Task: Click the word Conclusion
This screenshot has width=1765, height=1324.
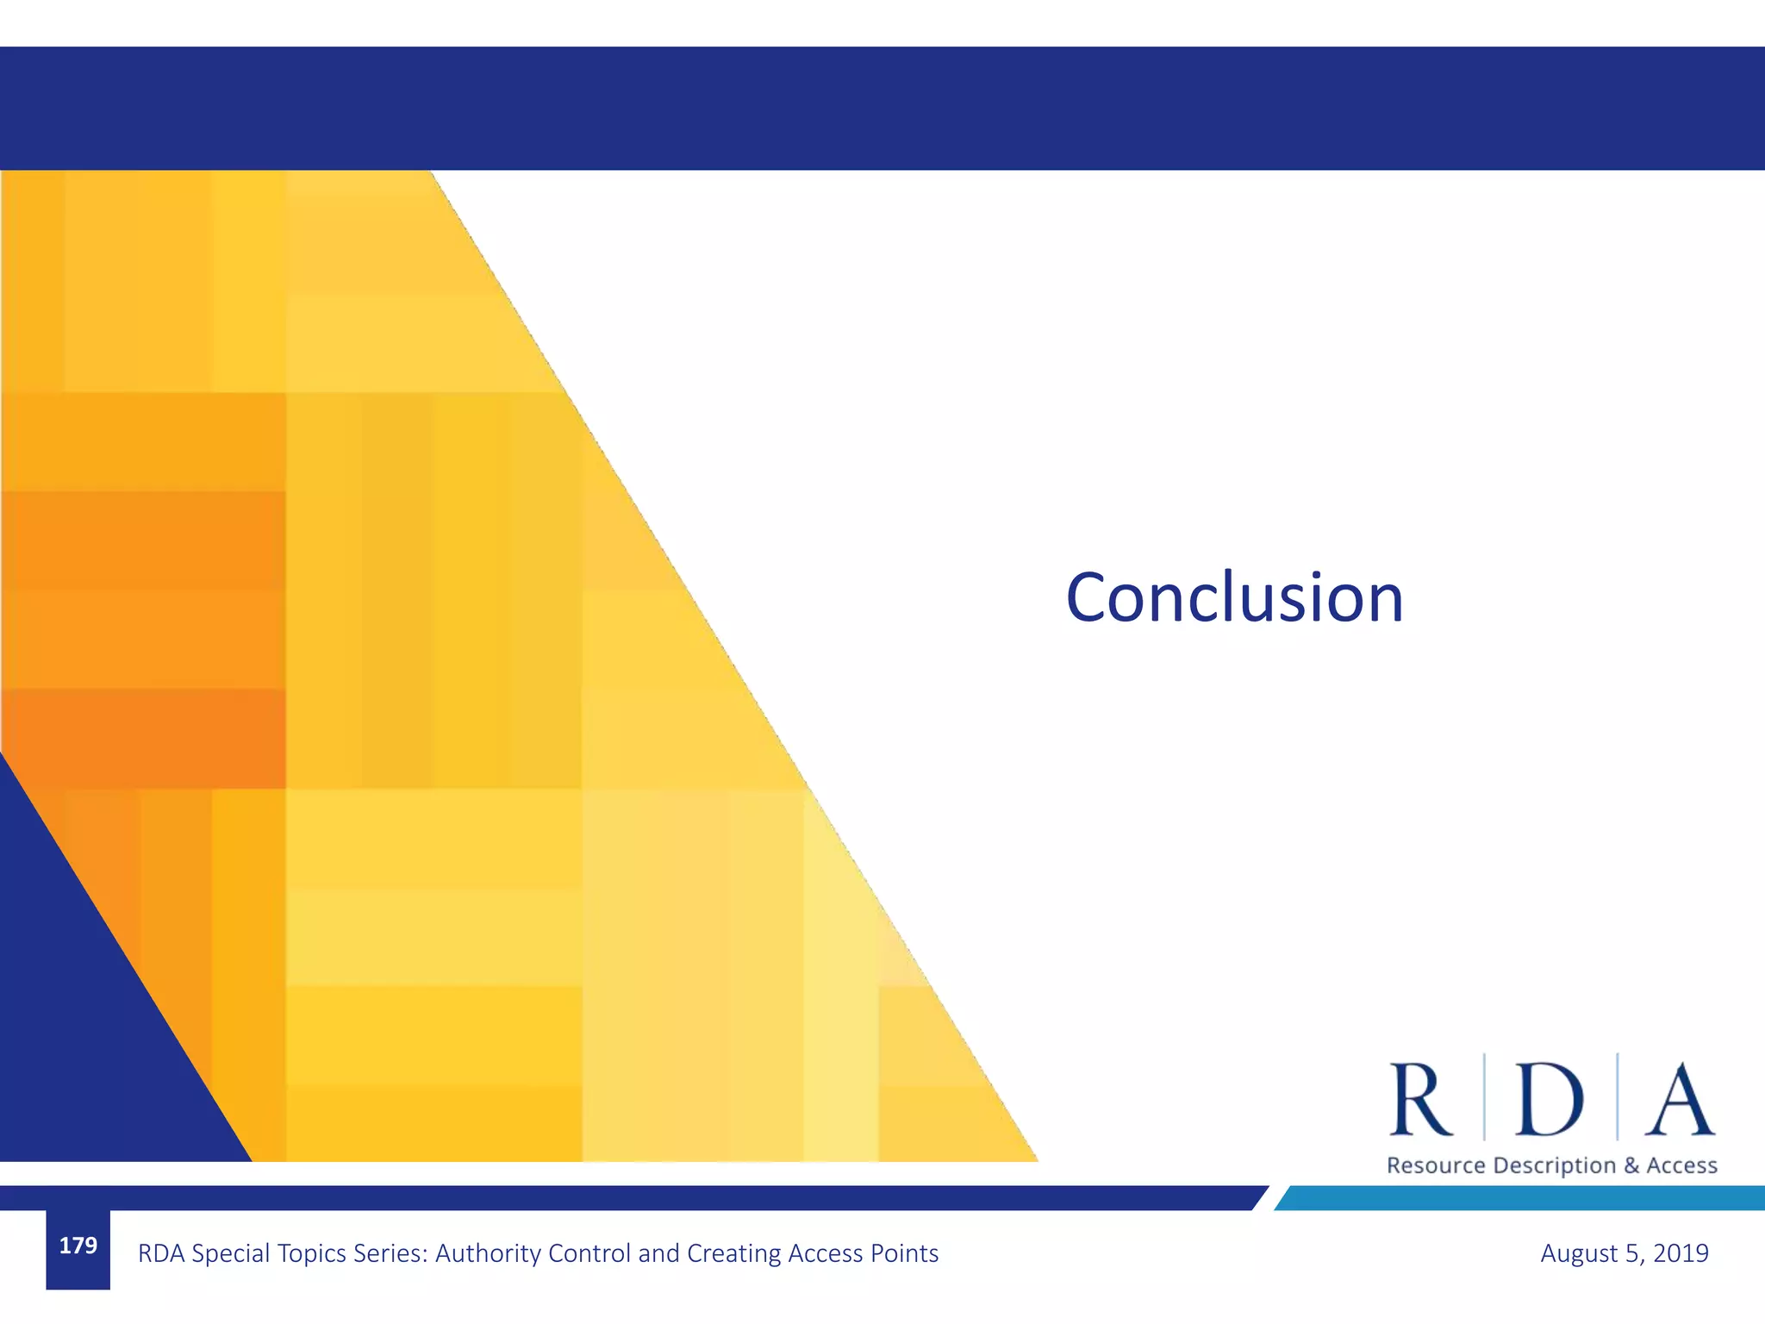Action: [x=1234, y=597]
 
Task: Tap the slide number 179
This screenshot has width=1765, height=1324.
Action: [x=78, y=1246]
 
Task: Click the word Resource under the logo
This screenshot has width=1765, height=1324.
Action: [x=1436, y=1165]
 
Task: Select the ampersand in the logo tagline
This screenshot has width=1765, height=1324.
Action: [x=1631, y=1165]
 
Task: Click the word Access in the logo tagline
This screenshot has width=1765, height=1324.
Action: [x=1681, y=1165]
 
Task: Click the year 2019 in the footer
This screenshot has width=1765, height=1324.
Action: [x=1681, y=1253]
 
